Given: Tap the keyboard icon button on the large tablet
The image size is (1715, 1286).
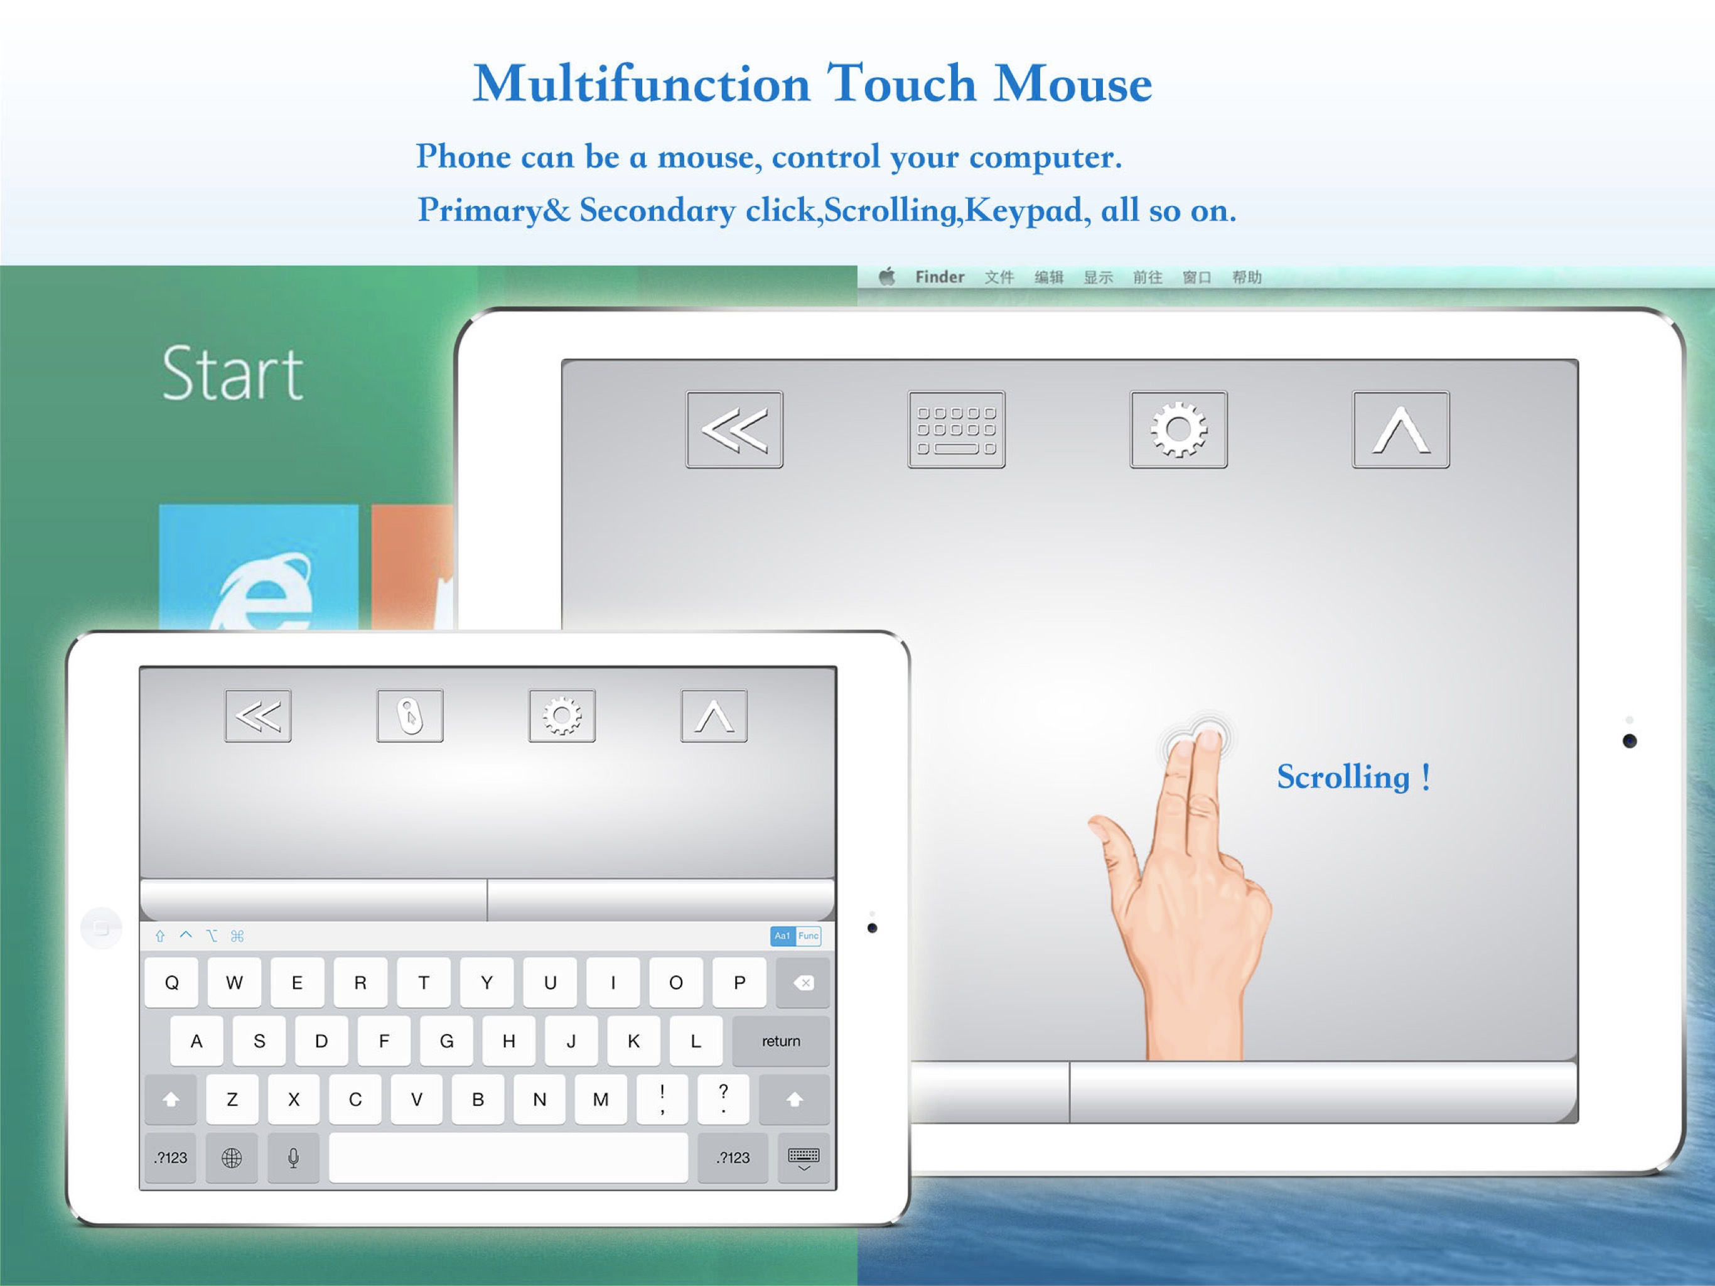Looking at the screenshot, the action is [x=956, y=429].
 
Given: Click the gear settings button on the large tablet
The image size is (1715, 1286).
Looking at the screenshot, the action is [x=1178, y=429].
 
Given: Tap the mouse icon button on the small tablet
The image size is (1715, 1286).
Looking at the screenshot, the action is [x=410, y=715].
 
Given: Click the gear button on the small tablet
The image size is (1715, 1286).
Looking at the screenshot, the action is [x=562, y=715].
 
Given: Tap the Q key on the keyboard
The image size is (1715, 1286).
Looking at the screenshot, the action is [x=171, y=983].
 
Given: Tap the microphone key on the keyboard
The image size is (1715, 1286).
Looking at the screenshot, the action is [x=293, y=1157].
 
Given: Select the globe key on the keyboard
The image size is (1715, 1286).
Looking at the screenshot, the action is [x=232, y=1157].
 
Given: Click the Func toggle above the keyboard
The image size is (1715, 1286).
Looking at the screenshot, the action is [x=809, y=936].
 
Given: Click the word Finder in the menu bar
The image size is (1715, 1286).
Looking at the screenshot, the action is [x=939, y=277].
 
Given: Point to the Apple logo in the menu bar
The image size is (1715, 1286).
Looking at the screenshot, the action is [x=887, y=276].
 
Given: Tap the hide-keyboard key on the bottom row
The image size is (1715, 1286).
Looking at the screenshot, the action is [x=804, y=1158].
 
